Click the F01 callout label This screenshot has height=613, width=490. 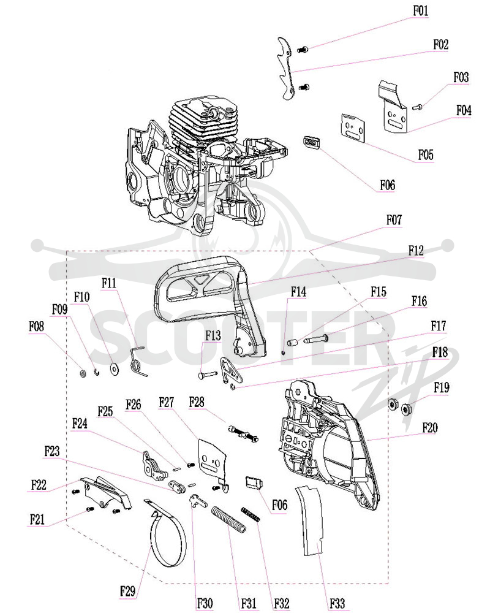point(420,11)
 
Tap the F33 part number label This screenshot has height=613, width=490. point(337,603)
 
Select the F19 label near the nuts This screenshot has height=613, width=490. point(442,388)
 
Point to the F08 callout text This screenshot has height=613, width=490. point(36,326)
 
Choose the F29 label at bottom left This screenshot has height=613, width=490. point(128,591)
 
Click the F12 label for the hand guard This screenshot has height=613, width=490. point(416,251)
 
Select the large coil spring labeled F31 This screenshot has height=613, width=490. point(229,519)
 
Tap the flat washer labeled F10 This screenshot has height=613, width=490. point(115,368)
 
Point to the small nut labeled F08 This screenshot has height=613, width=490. point(83,374)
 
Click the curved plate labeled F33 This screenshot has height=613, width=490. point(311,520)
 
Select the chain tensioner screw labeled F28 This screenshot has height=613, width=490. point(243,434)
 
